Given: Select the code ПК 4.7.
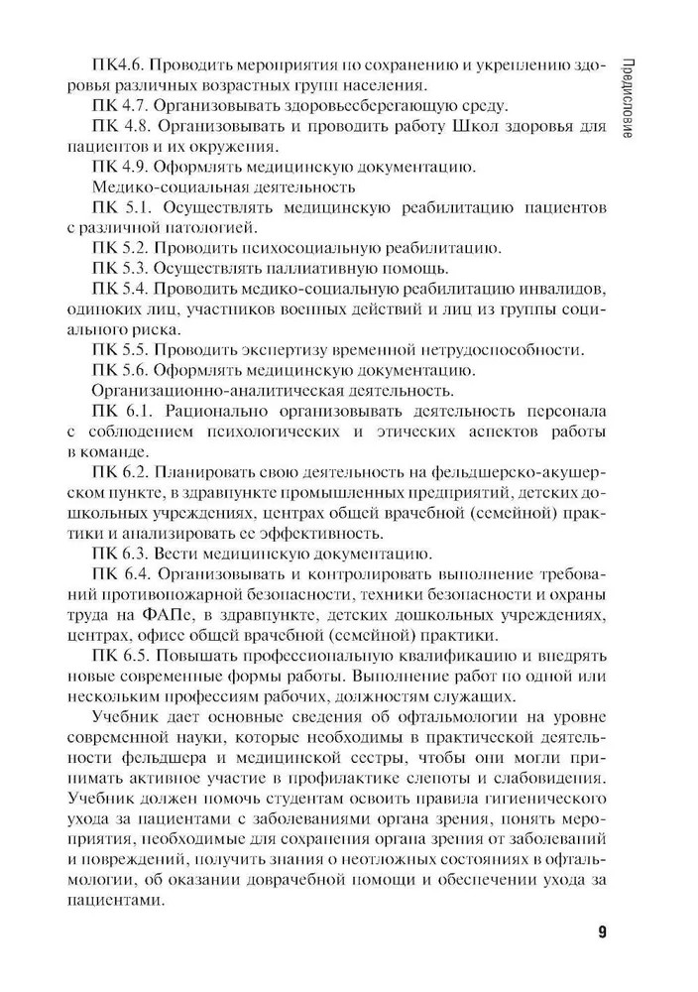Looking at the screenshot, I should [x=122, y=105].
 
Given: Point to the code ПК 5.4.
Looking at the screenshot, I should [x=122, y=289].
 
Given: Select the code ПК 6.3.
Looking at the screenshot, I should [x=122, y=553].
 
